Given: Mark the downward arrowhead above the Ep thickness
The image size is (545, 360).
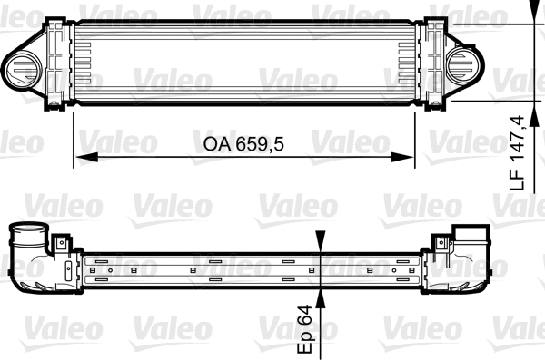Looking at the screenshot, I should [319, 242].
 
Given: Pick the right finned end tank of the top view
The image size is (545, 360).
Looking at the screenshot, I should [428, 64].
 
